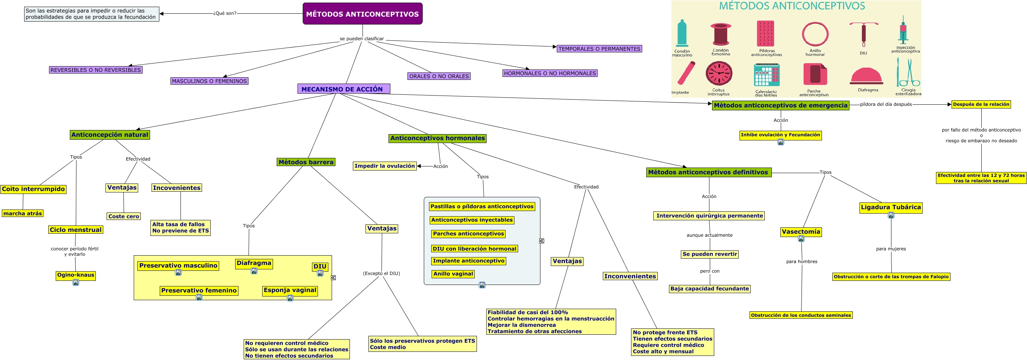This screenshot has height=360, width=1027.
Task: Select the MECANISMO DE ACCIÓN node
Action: pos(343,89)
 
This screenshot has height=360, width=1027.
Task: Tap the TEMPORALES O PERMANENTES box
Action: pos(599,49)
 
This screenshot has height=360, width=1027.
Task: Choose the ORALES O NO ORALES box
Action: pos(439,76)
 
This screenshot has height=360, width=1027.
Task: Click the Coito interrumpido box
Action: pos(33,189)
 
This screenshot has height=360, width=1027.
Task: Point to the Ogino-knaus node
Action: pos(75,275)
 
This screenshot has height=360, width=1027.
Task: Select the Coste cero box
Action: pos(124,217)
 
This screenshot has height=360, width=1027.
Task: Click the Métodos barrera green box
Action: pos(306,162)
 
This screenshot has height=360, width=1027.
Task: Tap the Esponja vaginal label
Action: pos(290,290)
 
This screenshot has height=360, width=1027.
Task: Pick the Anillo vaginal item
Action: pos(453,274)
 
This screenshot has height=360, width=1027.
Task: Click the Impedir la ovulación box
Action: pos(384,166)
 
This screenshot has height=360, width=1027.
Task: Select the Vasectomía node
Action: pos(800,231)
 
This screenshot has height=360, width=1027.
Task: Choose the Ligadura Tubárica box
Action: pos(891,207)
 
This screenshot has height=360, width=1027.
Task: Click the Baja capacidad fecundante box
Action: pos(709,289)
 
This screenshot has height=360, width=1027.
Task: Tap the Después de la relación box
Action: pos(981,104)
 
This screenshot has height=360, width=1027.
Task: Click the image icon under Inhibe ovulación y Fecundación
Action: pos(781,142)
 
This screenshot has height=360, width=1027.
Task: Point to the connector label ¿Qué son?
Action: pos(224,13)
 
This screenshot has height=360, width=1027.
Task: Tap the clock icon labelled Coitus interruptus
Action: pos(719,73)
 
